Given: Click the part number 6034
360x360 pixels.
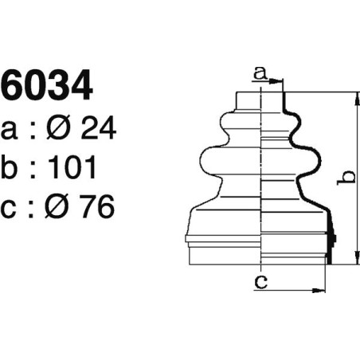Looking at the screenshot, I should coord(47,87).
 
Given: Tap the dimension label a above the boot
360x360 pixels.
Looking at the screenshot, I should coord(259,73).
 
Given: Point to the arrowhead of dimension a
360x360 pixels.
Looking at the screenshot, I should coord(280,81).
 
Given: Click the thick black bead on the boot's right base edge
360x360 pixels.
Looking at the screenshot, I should coord(331,239).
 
